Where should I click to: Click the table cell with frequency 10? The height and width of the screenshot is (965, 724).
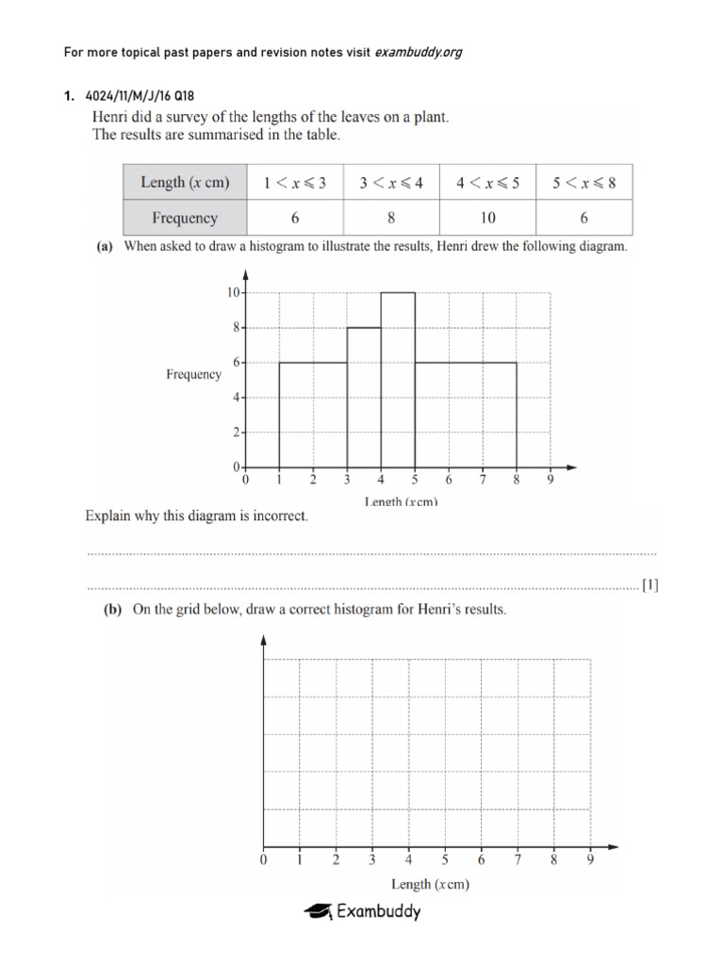click(x=487, y=218)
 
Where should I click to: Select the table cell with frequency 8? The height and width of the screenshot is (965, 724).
click(x=390, y=218)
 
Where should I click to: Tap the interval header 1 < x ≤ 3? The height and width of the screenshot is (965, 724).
click(x=294, y=183)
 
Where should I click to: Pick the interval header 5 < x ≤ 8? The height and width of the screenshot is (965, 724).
click(x=584, y=183)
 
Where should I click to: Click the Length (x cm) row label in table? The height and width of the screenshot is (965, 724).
click(x=185, y=183)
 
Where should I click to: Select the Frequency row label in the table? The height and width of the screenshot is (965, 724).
click(x=185, y=218)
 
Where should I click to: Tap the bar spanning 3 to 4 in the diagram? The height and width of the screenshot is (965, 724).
click(x=364, y=397)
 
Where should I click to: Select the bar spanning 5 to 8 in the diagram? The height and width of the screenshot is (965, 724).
click(x=466, y=415)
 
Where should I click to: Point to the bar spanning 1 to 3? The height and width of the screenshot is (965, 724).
click(x=313, y=415)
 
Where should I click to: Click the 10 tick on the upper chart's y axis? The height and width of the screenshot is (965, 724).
click(x=232, y=292)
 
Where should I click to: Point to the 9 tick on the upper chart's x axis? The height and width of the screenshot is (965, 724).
click(x=551, y=480)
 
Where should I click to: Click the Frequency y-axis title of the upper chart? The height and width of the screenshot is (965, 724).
click(x=193, y=374)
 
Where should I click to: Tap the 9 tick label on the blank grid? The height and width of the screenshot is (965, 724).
click(x=590, y=859)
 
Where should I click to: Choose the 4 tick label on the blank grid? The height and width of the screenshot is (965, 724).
click(x=408, y=859)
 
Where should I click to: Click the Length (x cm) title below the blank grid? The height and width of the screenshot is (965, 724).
click(x=430, y=884)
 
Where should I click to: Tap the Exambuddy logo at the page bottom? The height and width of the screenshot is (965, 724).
click(x=362, y=910)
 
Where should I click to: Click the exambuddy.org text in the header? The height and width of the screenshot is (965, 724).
click(x=419, y=52)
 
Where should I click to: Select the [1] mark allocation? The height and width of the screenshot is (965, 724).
click(x=650, y=585)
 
